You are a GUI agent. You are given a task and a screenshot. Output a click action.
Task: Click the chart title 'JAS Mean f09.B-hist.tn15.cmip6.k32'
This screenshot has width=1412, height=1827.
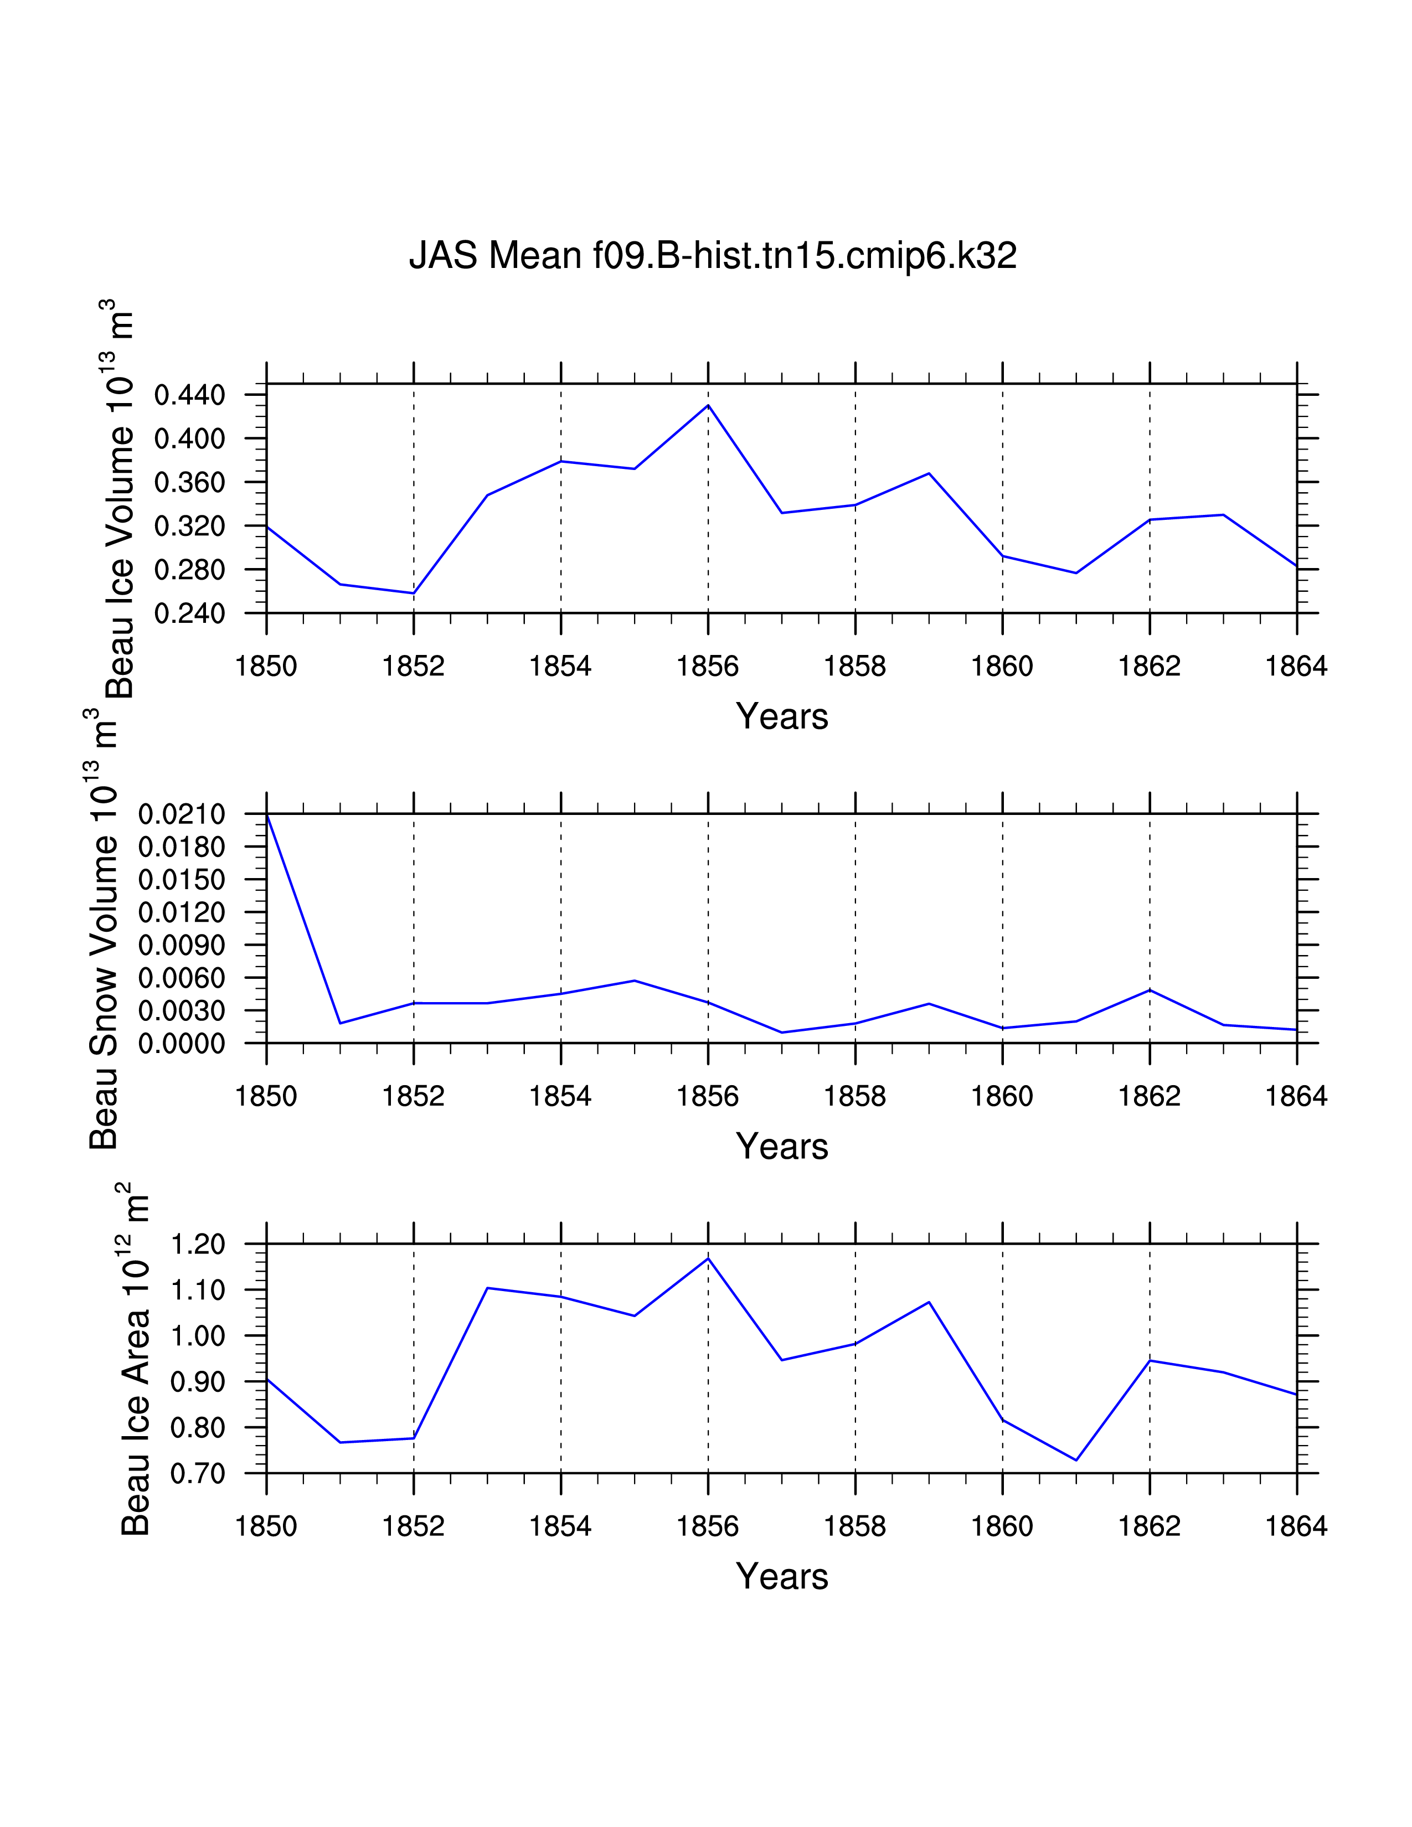[712, 255]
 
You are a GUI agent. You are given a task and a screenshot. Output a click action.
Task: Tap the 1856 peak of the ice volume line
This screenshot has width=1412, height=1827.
[709, 406]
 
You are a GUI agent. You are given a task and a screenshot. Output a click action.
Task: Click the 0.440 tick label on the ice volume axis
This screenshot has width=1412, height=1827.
[190, 395]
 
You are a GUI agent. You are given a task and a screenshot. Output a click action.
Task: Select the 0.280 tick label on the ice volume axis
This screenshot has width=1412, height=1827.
[190, 570]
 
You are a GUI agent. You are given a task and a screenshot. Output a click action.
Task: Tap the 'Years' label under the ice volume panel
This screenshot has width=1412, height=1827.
[781, 717]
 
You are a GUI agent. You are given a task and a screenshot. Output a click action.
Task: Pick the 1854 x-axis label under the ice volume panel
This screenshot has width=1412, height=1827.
[560, 667]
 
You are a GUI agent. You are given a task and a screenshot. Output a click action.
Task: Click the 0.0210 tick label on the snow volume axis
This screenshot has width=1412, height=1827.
[182, 814]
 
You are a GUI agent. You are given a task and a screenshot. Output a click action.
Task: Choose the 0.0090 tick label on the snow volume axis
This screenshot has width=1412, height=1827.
[182, 945]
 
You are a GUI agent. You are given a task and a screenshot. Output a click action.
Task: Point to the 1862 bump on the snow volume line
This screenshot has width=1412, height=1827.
[1150, 990]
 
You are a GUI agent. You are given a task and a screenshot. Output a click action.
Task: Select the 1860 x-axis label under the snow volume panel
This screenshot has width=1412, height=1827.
[1002, 1097]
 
